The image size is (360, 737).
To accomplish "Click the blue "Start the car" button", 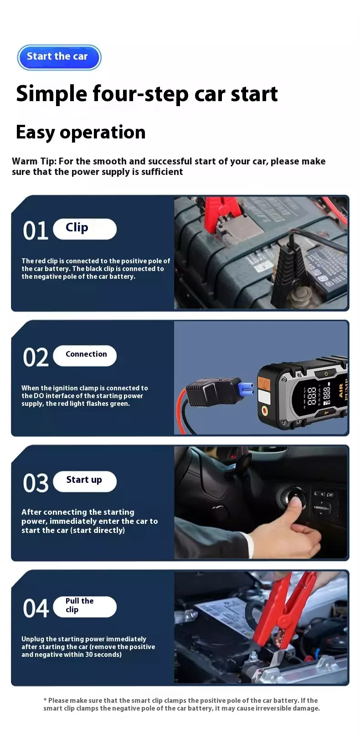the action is (x=59, y=57).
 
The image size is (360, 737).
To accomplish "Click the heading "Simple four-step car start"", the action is (x=147, y=94).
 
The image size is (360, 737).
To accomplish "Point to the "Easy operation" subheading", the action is (x=81, y=132).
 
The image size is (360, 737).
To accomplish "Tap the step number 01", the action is (x=36, y=230).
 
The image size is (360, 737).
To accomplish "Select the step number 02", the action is (x=36, y=357).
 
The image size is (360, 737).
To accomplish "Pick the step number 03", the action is (x=36, y=483).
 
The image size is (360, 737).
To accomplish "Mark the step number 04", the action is (x=36, y=608).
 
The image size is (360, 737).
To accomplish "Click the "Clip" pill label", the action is (x=85, y=229).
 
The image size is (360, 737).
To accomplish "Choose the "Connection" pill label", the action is (x=85, y=355).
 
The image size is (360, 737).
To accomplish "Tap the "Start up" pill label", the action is (x=85, y=481).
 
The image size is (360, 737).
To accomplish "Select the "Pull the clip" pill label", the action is (x=85, y=606).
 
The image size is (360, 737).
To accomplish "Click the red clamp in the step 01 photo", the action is (x=218, y=214).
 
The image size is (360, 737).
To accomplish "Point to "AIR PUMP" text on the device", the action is (x=343, y=389).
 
